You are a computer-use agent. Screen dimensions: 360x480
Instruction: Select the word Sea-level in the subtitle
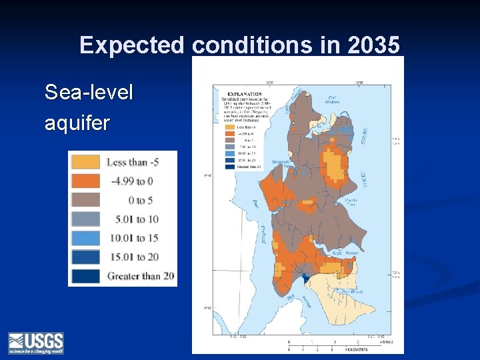(x=89, y=93)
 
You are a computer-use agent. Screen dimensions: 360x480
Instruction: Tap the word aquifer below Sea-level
(x=77, y=123)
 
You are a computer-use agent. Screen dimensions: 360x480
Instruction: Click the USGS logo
(x=36, y=343)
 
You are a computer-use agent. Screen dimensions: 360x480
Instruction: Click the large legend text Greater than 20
(x=141, y=276)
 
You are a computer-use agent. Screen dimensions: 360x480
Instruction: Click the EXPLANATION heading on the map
(x=244, y=94)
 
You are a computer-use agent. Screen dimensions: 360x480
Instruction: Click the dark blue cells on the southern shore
(x=305, y=278)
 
